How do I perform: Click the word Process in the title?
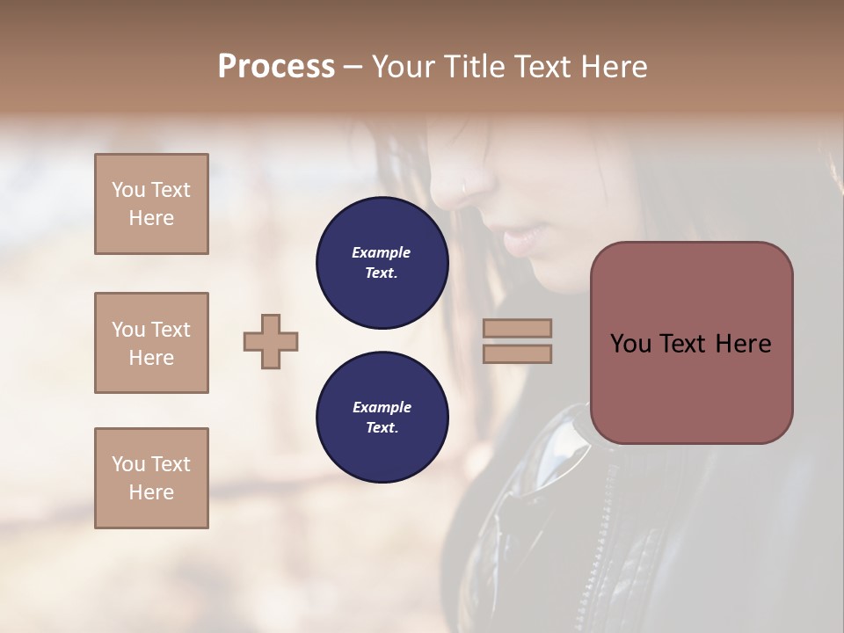pyautogui.click(x=276, y=67)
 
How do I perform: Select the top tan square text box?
pyautogui.click(x=151, y=204)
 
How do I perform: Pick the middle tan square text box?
pyautogui.click(x=151, y=343)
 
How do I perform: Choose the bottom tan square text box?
pyautogui.click(x=151, y=478)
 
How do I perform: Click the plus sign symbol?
pyautogui.click(x=271, y=341)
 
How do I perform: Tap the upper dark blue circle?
pyautogui.click(x=382, y=263)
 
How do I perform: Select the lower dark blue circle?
pyautogui.click(x=382, y=418)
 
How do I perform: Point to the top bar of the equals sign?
pyautogui.click(x=518, y=328)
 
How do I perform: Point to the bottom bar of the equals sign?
pyautogui.click(x=518, y=354)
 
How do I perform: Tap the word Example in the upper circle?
pyautogui.click(x=382, y=253)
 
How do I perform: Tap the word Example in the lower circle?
pyautogui.click(x=382, y=408)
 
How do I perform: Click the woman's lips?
pyautogui.click(x=526, y=237)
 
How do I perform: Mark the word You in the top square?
pyautogui.click(x=128, y=190)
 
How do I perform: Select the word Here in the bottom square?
pyautogui.click(x=151, y=492)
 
